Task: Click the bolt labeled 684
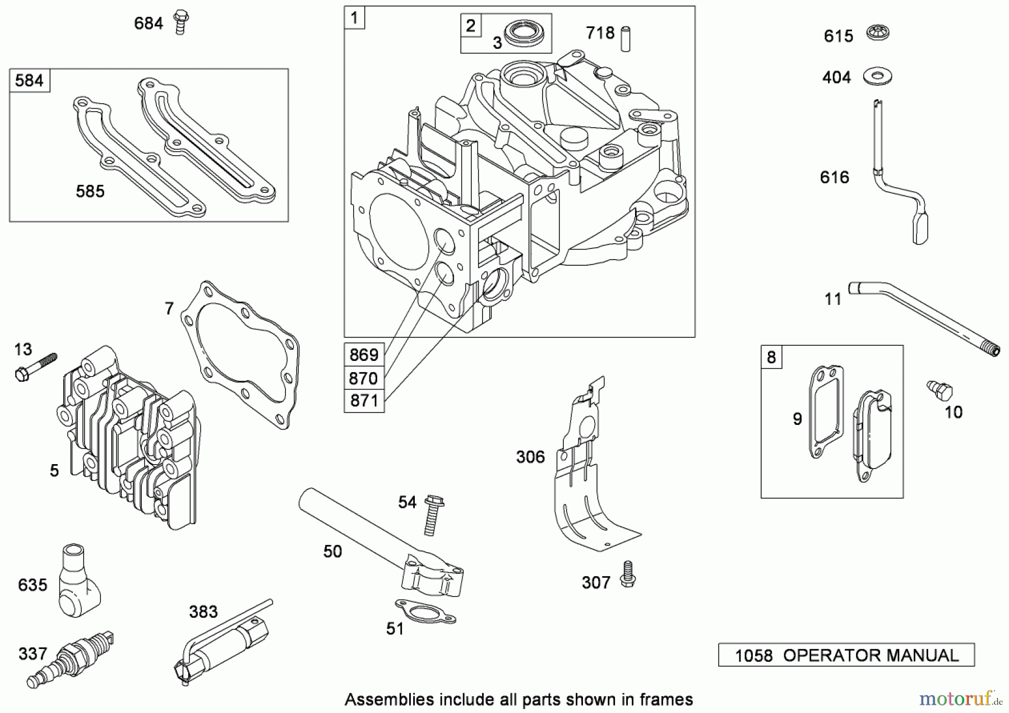pos(180,22)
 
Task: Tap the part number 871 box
pos(364,401)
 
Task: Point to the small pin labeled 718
pos(625,38)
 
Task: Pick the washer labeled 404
pos(877,76)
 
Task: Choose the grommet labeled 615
pos(878,33)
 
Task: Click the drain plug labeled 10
pos(940,390)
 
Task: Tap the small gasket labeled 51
pos(425,612)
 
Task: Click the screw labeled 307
pos(627,575)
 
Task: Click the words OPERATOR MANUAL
pos(871,655)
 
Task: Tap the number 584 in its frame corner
pos(29,81)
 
